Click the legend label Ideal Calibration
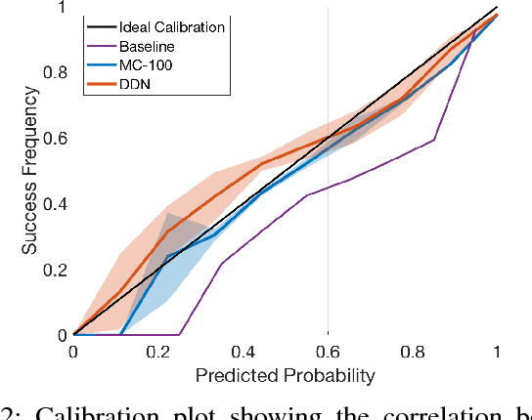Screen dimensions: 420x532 [x=171, y=26]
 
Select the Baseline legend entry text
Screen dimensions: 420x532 [x=145, y=45]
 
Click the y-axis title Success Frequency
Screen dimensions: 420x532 [x=31, y=170]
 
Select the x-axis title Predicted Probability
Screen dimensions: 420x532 [x=285, y=374]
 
